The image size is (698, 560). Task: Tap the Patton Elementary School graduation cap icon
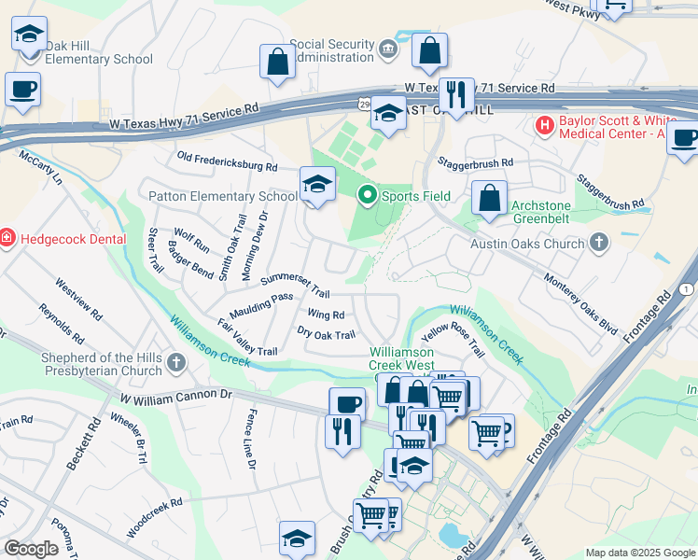317,183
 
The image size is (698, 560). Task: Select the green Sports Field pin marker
368,195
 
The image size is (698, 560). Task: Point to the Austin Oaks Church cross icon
599,244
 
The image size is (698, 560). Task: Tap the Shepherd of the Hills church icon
177,361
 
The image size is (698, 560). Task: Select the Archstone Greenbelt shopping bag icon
489,198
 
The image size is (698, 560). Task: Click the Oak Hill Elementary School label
98,52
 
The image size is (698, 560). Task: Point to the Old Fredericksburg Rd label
228,162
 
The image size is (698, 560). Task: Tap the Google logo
31,549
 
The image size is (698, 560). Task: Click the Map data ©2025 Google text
640,553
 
